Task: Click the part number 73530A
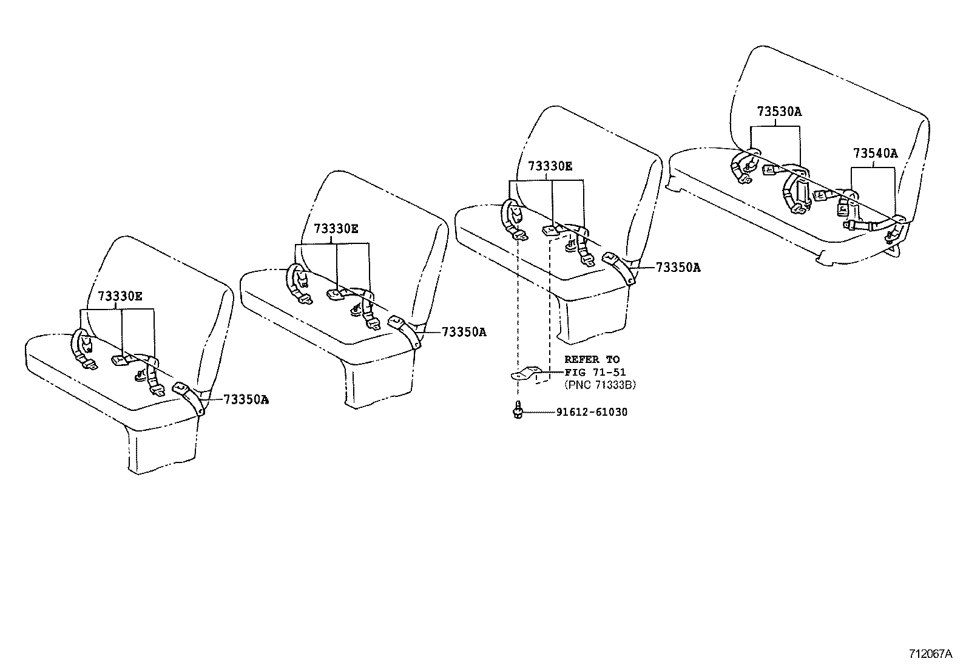(x=779, y=112)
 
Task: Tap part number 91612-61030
(x=592, y=413)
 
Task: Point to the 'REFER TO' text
(x=592, y=359)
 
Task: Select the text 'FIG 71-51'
(x=595, y=372)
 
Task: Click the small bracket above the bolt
(x=526, y=373)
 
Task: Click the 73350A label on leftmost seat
(x=246, y=399)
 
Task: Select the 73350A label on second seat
(x=464, y=332)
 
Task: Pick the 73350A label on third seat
(x=677, y=267)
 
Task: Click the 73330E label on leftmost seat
(x=120, y=296)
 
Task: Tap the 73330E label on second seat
(x=336, y=228)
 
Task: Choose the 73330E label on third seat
(x=549, y=166)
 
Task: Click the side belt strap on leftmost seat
(x=192, y=398)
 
